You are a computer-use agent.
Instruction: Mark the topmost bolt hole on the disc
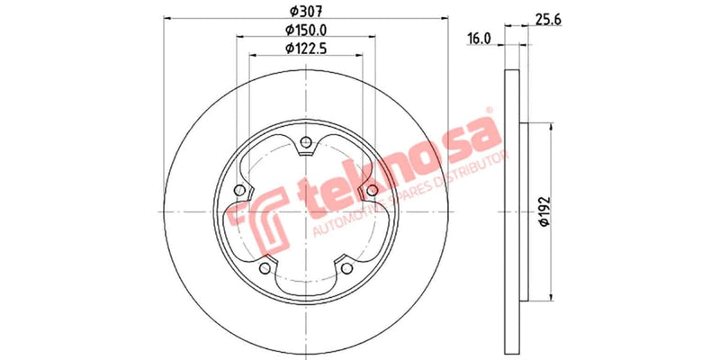click(x=306, y=140)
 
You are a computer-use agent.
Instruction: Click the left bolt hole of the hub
click(x=238, y=190)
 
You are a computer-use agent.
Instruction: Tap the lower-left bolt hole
click(x=264, y=268)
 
